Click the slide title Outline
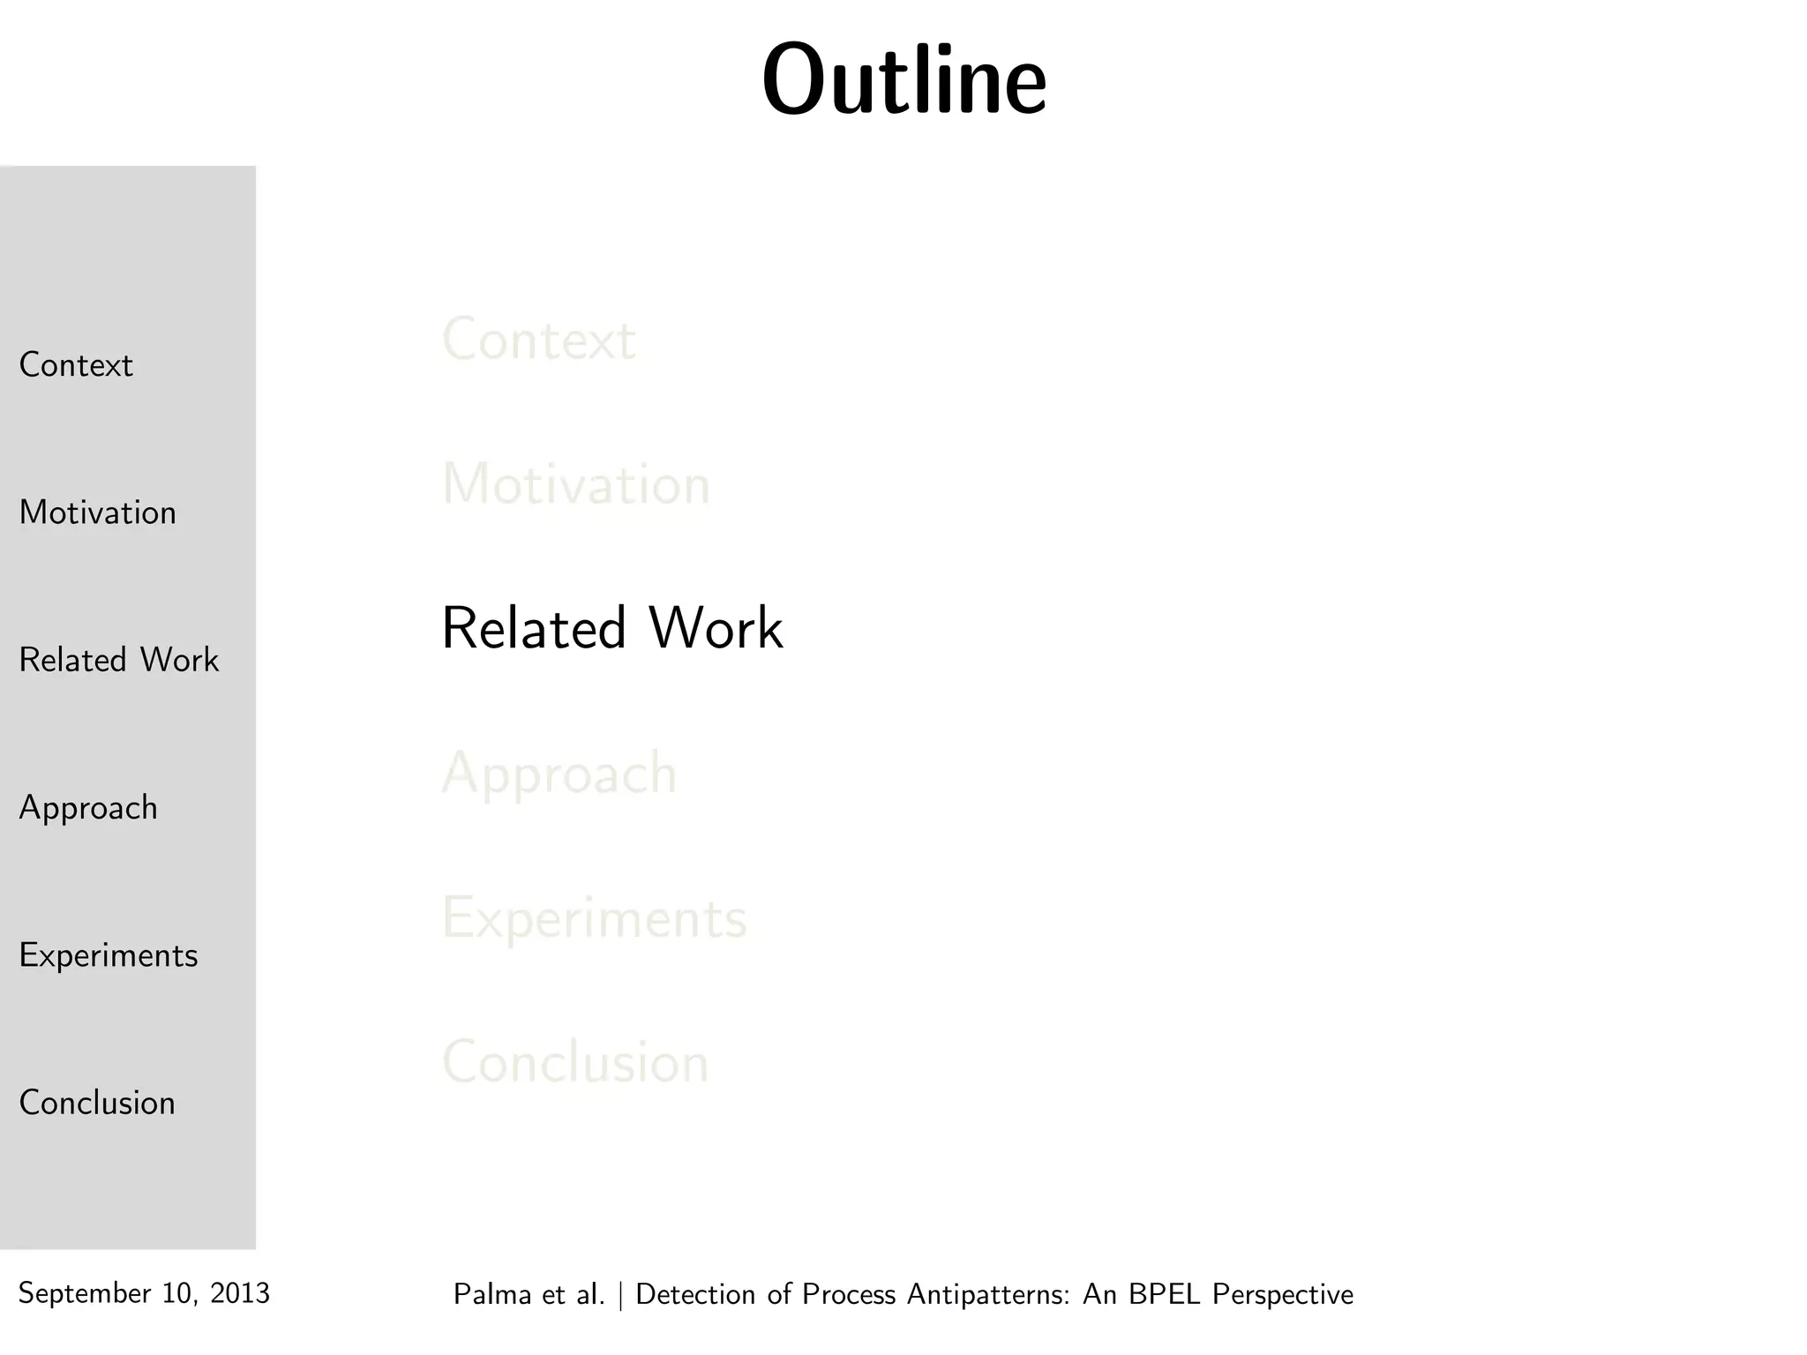pos(904,80)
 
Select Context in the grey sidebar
pos(76,365)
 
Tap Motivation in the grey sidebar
pos(97,513)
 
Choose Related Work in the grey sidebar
pos(118,660)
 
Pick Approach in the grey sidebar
pos(88,808)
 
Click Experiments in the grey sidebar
pos(108,955)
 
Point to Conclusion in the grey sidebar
pos(97,1103)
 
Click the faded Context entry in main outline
pos(538,340)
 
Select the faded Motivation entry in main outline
pos(575,484)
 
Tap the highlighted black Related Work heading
pos(611,629)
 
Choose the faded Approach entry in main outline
pos(559,775)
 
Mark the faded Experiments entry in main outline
pos(594,918)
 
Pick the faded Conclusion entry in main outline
pos(574,1062)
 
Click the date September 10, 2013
pos(144,1293)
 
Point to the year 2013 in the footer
pos(240,1293)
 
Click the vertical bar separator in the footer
pos(621,1295)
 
